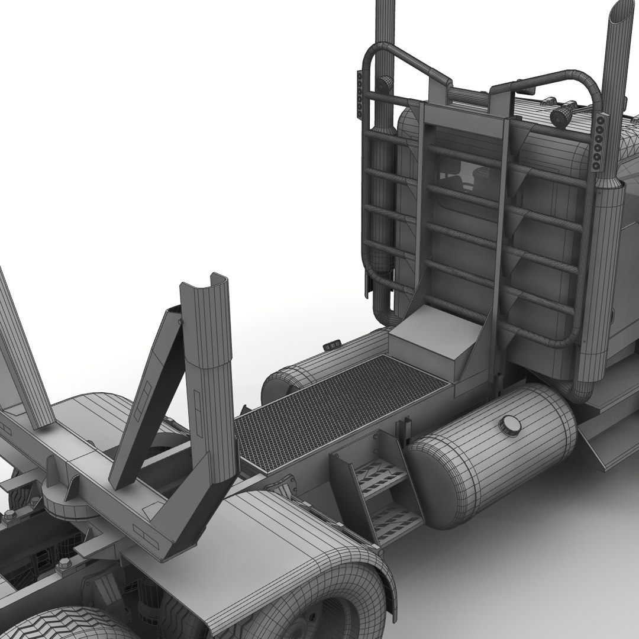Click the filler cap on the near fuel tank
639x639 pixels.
point(510,425)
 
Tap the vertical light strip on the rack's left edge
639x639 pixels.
point(359,95)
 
